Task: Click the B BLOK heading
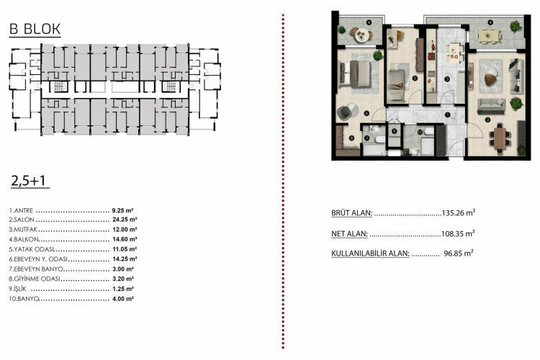click(x=35, y=30)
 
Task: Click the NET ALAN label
click(x=349, y=233)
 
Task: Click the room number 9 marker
click(x=395, y=130)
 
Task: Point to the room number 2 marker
click(x=488, y=119)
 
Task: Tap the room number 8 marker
click(x=351, y=138)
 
